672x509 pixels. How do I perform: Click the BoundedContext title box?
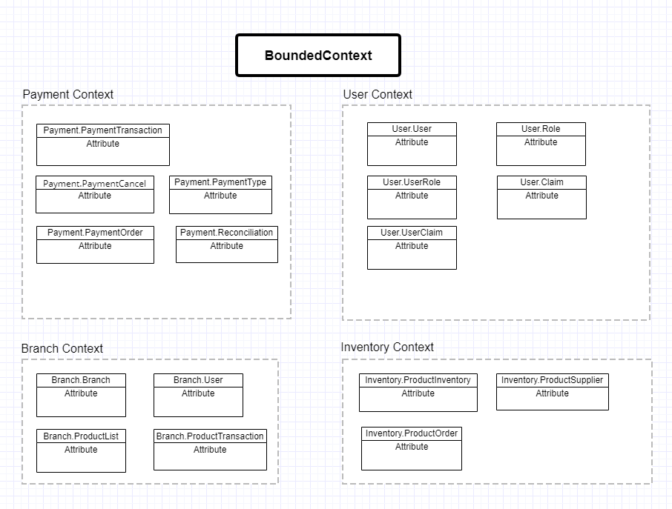(x=318, y=56)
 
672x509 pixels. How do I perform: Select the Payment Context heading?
(x=68, y=94)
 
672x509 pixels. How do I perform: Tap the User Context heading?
(x=378, y=94)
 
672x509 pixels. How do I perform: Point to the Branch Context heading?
(x=62, y=348)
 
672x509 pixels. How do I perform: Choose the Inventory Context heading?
(x=387, y=347)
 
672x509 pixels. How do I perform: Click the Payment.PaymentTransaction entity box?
(x=103, y=144)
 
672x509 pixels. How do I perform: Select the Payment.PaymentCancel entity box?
(x=95, y=194)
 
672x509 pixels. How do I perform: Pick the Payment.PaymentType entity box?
(x=220, y=194)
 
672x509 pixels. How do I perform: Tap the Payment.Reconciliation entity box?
(x=226, y=244)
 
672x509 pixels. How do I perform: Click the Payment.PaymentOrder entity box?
(x=95, y=244)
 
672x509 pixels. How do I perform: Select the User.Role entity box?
(x=541, y=144)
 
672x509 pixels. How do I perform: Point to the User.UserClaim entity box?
(x=412, y=247)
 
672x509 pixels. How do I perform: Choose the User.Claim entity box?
(x=541, y=197)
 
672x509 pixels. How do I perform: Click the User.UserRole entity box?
(x=412, y=197)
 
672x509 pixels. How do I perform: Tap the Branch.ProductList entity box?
(x=81, y=450)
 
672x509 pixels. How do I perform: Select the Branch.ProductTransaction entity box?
(x=210, y=450)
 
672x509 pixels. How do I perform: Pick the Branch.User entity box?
(x=198, y=395)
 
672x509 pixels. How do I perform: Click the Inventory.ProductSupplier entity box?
(x=552, y=392)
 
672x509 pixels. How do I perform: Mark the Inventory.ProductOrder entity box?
(x=412, y=448)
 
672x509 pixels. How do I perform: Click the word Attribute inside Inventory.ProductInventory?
(x=418, y=393)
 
